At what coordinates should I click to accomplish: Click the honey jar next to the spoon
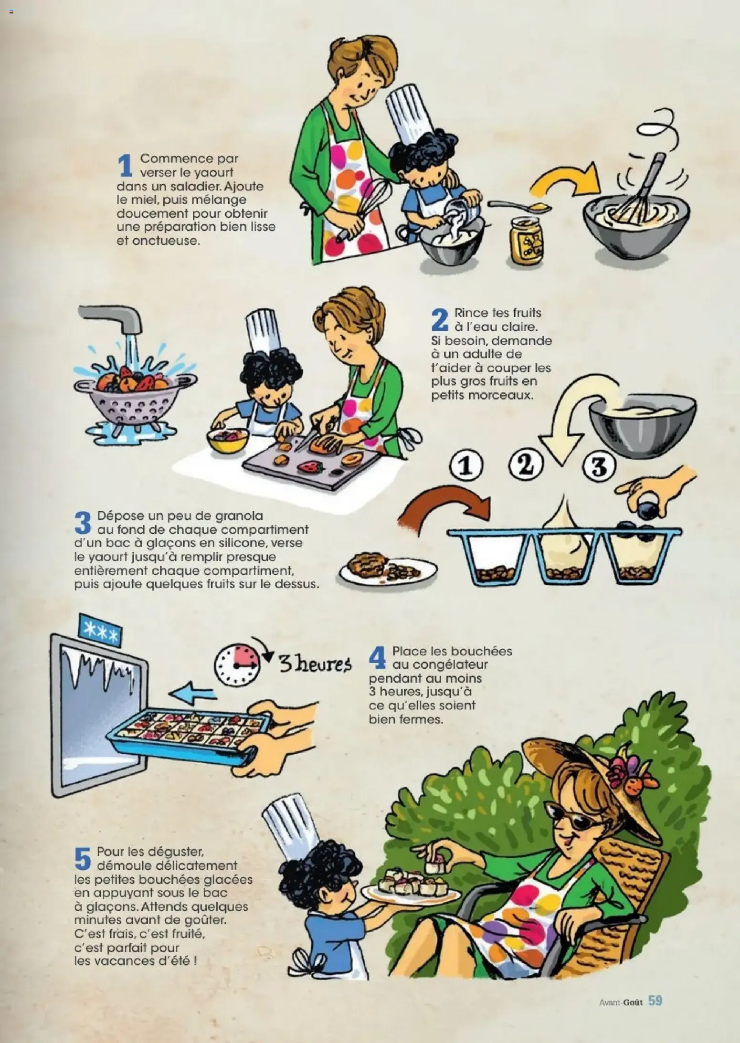click(527, 240)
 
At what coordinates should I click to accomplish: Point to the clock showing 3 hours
click(238, 664)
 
